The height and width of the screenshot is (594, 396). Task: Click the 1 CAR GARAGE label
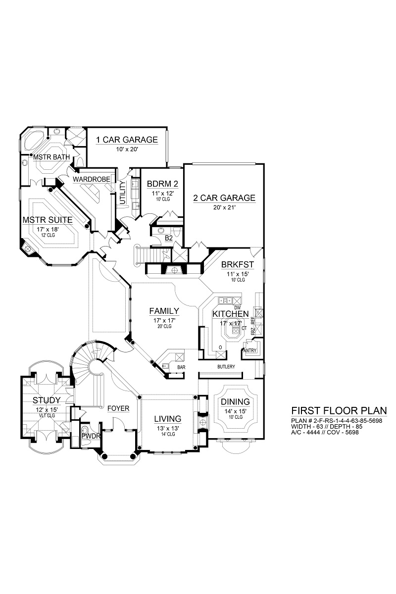tap(127, 140)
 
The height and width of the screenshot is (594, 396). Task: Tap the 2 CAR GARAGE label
tap(224, 198)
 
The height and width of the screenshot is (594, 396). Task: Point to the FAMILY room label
tap(164, 311)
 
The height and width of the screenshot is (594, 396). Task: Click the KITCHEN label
tap(230, 314)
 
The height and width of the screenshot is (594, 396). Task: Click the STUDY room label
tap(47, 400)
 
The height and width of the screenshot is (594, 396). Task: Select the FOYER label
tap(118, 408)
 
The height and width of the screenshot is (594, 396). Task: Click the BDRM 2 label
tap(162, 184)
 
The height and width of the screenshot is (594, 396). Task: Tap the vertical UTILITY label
tap(122, 194)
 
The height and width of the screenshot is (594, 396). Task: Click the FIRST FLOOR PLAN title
tap(339, 410)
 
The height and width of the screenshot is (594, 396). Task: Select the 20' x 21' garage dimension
tap(224, 208)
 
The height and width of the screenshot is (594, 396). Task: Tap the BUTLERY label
tap(226, 367)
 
